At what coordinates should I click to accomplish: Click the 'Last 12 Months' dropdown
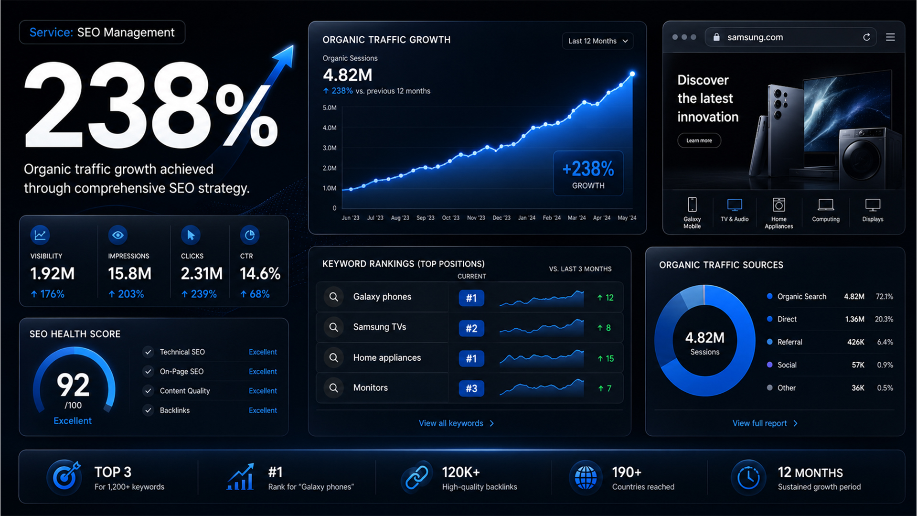click(598, 41)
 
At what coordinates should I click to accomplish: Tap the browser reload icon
click(866, 37)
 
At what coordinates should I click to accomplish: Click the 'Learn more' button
click(699, 140)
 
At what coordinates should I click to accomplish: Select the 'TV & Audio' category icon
click(735, 205)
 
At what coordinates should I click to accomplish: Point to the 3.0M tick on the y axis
click(330, 148)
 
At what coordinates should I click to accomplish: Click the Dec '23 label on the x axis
click(501, 218)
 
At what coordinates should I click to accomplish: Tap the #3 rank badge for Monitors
click(471, 388)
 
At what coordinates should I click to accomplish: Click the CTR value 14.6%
click(260, 274)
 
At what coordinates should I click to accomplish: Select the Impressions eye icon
click(118, 235)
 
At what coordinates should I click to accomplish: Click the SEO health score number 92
click(73, 385)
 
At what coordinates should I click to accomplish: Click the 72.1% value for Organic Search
click(884, 297)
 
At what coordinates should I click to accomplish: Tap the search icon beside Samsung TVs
click(334, 327)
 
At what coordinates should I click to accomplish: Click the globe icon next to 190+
click(586, 477)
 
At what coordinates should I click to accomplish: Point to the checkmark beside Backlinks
click(149, 410)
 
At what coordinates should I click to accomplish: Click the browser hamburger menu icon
click(890, 37)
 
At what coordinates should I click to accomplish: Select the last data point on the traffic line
click(632, 74)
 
